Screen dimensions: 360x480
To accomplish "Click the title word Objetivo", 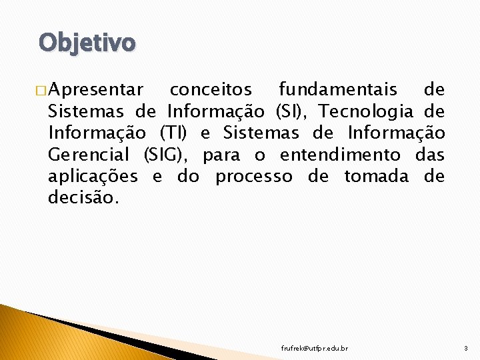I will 87,43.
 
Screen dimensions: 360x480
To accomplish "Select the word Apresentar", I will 95,90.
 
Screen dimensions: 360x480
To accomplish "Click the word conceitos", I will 211,90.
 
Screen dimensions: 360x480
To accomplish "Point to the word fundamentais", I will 337,90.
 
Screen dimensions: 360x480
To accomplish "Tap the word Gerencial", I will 89,155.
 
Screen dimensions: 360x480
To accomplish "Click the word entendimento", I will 341,155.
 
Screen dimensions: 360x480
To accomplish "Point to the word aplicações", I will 93,177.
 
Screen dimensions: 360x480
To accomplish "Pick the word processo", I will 253,177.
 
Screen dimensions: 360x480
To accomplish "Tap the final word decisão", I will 83,199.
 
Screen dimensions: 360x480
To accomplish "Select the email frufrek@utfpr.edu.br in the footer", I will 314,349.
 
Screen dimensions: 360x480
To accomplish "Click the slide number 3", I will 465,349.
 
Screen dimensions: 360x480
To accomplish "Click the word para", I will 221,155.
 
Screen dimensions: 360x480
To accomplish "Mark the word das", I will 430,155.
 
